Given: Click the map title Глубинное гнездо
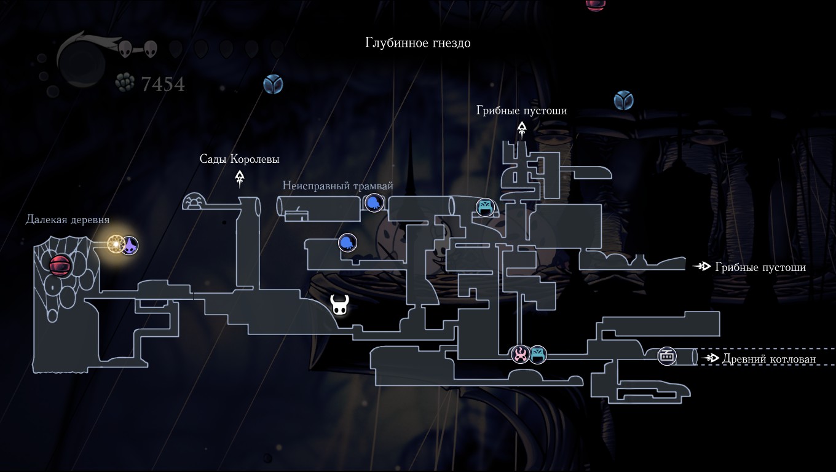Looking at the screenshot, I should [418, 43].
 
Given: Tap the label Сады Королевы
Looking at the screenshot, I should [239, 159].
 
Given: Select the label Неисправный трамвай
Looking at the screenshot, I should [337, 186].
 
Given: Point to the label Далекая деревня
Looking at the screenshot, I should [68, 220].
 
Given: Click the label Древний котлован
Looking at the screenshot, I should [769, 359].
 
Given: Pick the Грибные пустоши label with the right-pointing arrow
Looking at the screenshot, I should [760, 267].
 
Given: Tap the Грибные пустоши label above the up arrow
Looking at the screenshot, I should [522, 111].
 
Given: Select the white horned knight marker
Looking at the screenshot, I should [339, 304].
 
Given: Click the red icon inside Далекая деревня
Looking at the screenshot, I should [61, 265].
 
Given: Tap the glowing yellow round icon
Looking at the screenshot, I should [116, 245].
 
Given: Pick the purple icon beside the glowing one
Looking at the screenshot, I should [130, 246].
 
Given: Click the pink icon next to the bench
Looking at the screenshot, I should [521, 354].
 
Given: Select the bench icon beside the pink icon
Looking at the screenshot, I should [538, 354].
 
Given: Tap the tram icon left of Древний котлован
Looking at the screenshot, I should [667, 356].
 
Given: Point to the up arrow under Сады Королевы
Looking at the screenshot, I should [239, 178].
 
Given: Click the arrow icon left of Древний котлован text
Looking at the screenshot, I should [712, 358].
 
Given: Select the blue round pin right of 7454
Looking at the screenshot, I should [273, 84].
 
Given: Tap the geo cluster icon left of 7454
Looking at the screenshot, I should [125, 83].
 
